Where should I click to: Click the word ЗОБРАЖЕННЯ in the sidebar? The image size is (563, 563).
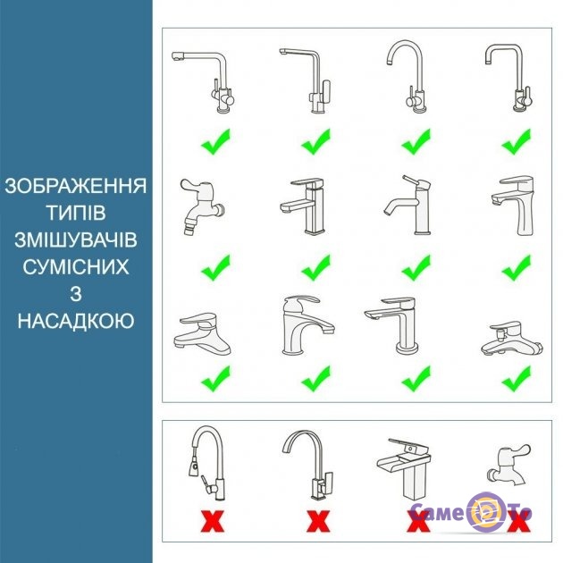pos(76,186)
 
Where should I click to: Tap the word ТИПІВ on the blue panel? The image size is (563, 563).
pos(76,213)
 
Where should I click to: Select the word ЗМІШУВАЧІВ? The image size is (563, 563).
pos(76,239)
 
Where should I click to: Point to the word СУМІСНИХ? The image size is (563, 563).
pos(76,267)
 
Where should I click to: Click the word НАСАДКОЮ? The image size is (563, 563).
pos(76,321)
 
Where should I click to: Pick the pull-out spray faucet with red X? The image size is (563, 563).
pos(207,463)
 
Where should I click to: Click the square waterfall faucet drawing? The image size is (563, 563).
pos(405,468)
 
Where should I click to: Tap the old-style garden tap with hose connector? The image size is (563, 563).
pos(201,206)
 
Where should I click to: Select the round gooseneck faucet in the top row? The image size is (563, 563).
pos(408,77)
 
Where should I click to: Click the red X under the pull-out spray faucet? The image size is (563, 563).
pos(213,522)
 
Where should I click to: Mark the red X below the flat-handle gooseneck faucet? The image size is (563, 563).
pos(318,522)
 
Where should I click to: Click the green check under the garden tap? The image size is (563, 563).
pos(215,267)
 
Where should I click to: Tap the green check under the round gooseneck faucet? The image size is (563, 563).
pos(416,141)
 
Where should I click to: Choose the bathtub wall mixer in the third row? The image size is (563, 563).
pos(512,339)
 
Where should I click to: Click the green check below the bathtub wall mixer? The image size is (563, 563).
pos(517,378)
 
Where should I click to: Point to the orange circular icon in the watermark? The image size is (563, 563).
pos(486,512)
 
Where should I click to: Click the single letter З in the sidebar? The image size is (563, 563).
pos(76,294)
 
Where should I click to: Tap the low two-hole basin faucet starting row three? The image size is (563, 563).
pos(203,334)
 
